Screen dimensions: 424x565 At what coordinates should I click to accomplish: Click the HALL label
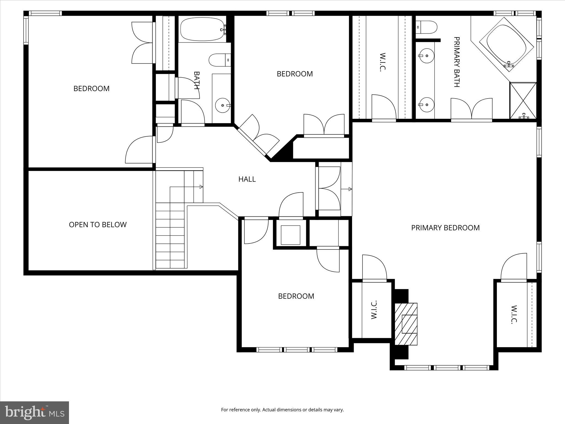pos(247,179)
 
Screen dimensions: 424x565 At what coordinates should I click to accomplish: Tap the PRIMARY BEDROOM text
pos(445,228)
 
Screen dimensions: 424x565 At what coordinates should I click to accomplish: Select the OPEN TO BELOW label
pos(98,225)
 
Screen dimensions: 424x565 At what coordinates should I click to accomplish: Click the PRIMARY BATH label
pos(457,62)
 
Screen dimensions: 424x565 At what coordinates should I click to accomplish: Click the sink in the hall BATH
pos(222,105)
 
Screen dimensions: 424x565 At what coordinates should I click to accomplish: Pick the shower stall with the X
pos(523,100)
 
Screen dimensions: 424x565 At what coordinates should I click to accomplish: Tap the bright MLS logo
pos(34,412)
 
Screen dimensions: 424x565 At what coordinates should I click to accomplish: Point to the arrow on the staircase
pos(201,187)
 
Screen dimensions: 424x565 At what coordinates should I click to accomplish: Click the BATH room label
pos(196,80)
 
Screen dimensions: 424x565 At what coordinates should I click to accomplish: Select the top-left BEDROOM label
pos(91,89)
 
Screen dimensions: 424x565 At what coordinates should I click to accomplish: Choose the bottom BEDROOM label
pos(296,296)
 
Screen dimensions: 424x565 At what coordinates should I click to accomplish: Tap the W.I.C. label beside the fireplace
pos(374,310)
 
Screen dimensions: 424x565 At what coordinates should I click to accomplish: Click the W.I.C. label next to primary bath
pos(382,62)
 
